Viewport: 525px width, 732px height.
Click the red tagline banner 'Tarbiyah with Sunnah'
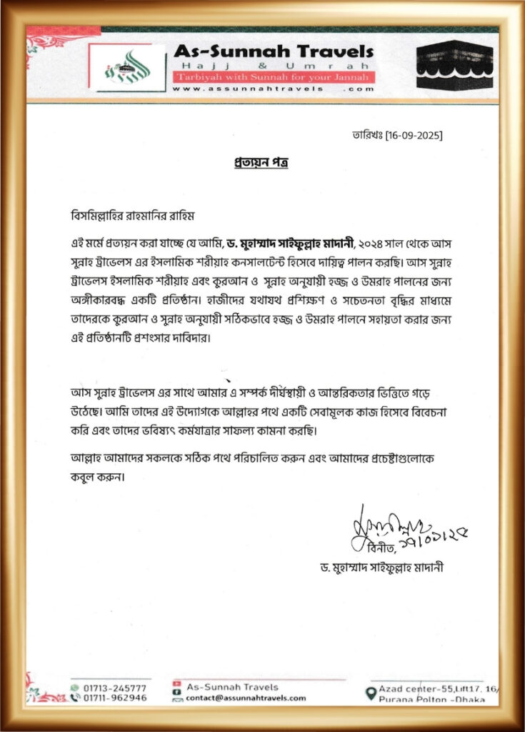pos(273,76)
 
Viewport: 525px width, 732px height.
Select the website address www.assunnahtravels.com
pos(273,89)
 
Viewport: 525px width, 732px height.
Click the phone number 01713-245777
pos(114,687)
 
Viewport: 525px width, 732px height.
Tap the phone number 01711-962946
pos(114,698)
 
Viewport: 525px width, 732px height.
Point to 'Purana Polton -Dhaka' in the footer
pos(432,698)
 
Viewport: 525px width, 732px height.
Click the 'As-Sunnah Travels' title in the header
pos(273,51)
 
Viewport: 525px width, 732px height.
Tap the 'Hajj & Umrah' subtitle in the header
pos(273,65)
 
